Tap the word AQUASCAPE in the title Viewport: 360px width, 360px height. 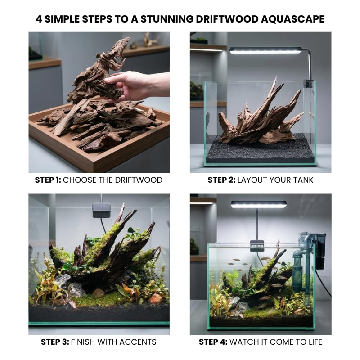pyautogui.click(x=292, y=19)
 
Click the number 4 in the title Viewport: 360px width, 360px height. pyautogui.click(x=39, y=19)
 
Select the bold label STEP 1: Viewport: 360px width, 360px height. pyautogui.click(x=48, y=180)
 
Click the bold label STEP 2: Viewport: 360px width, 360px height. pyautogui.click(x=221, y=180)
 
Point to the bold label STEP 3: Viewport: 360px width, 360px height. pyautogui.click(x=55, y=342)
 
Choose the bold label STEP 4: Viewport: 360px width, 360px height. pyautogui.click(x=213, y=342)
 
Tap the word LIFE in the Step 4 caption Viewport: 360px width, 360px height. pyautogui.click(x=314, y=342)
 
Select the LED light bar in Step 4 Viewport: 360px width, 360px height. pyautogui.click(x=259, y=204)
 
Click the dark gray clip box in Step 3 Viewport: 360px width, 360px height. pyautogui.click(x=102, y=210)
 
